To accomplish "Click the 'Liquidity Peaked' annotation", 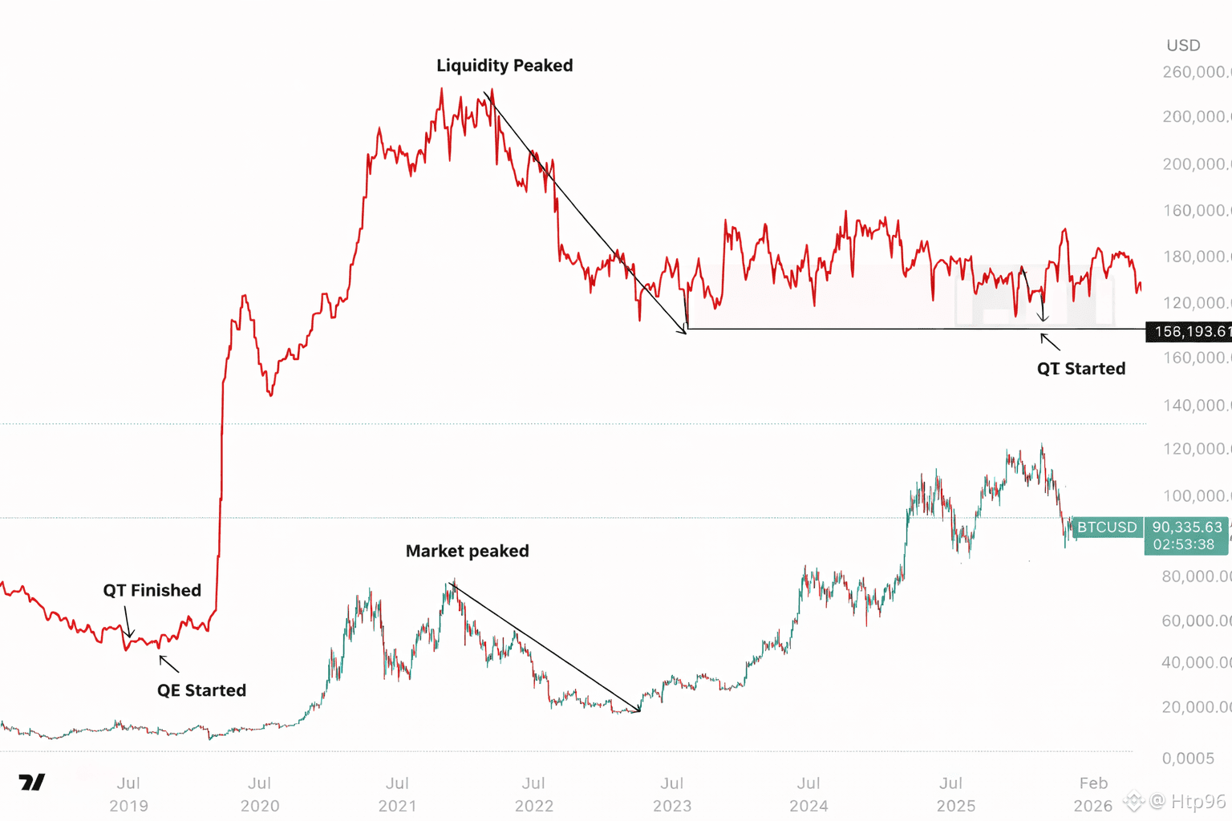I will tap(505, 66).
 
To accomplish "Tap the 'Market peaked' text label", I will tap(467, 551).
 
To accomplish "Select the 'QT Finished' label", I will tap(152, 591).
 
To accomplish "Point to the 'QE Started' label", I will tap(201, 690).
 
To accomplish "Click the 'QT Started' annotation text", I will tap(1080, 369).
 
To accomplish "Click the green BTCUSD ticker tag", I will tap(1107, 527).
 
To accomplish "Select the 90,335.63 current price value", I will tap(1187, 527).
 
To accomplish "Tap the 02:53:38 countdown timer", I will tap(1184, 544).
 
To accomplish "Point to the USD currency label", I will tap(1183, 46).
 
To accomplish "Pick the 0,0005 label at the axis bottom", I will tap(1188, 758).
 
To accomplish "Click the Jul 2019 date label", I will tap(128, 794).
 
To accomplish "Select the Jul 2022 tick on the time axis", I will tap(533, 794).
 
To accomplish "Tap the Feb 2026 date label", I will tap(1093, 794).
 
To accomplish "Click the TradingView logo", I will tap(32, 783).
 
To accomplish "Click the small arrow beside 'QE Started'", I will tap(168, 663).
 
